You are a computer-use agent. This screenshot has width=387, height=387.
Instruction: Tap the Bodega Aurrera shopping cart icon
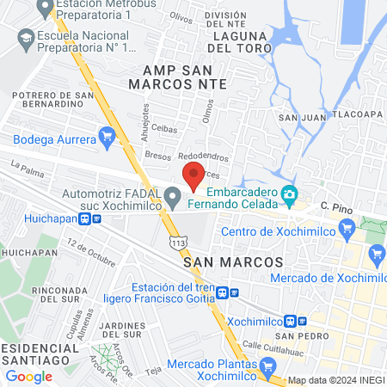click(x=107, y=136)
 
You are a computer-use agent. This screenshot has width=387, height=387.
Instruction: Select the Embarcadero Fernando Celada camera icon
click(x=291, y=197)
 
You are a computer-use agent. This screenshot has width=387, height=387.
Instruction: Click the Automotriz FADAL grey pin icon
click(x=174, y=198)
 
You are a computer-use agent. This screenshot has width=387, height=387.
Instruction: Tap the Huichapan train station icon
click(x=84, y=218)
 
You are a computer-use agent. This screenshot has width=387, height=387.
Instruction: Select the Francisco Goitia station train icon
click(x=222, y=292)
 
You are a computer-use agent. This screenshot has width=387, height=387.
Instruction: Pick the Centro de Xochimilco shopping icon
click(x=347, y=228)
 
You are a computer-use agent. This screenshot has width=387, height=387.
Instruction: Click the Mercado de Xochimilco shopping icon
click(x=376, y=254)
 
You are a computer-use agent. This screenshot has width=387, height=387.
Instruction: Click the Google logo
click(x=28, y=376)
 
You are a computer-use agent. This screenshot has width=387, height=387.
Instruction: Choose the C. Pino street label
click(x=337, y=206)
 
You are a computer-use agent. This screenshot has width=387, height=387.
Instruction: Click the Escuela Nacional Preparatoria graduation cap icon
click(x=26, y=39)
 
